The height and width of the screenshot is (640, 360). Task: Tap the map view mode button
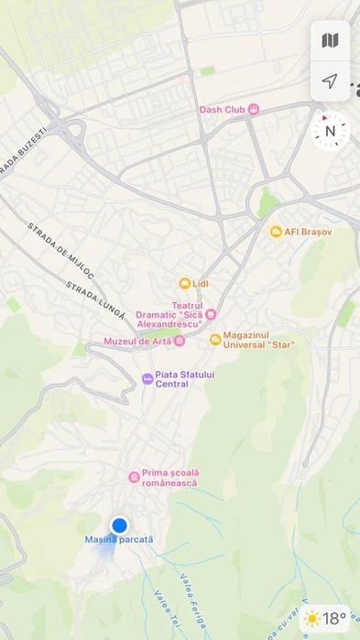point(330,40)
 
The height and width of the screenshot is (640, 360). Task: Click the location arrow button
point(330,81)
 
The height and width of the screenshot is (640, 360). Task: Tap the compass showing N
point(331,131)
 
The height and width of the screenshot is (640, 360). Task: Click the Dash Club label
point(223,110)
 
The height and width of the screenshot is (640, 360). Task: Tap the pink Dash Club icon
point(254,110)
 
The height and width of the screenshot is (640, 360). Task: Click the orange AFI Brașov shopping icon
point(276,232)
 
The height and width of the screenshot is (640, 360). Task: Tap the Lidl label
point(201,284)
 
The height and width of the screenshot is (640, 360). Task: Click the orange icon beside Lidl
point(184,284)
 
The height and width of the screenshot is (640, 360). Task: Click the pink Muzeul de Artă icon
point(180,342)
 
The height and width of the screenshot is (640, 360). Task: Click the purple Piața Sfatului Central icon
point(147,378)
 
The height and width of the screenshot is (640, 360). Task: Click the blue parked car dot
point(119,525)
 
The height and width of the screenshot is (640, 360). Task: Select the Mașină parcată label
point(119,540)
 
